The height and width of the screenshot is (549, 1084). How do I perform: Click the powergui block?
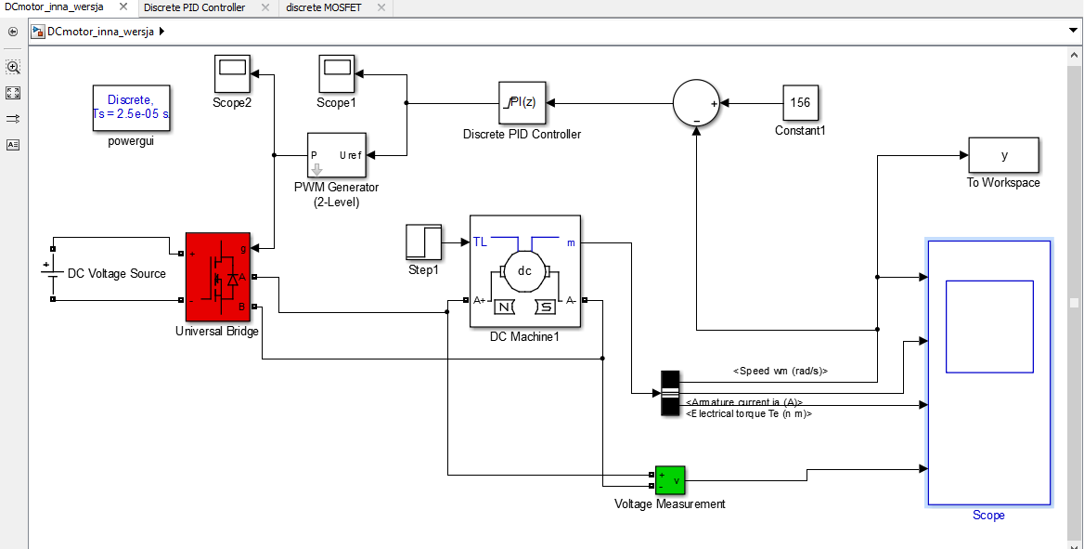[137, 108]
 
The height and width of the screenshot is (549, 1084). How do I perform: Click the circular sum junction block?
[696, 103]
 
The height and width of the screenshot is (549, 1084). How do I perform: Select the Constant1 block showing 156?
[800, 103]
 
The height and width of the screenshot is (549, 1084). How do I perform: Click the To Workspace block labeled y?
[1003, 155]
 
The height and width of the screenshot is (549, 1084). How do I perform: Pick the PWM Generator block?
[336, 156]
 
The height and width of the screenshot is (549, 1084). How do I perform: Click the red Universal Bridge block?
[217, 276]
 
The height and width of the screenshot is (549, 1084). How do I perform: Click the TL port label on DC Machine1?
[480, 242]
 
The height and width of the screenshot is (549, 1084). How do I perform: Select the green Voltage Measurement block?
[669, 480]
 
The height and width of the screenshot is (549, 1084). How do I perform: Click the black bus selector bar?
[670, 393]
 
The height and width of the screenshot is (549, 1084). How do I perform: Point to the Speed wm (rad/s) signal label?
[780, 371]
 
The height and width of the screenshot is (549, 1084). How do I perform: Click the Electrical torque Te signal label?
[748, 414]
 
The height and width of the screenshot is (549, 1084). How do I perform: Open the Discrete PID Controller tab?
[195, 7]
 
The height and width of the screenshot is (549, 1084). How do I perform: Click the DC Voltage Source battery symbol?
[46, 273]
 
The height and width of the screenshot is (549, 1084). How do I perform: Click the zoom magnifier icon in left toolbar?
[13, 67]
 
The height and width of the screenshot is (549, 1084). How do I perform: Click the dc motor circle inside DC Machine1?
[524, 271]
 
